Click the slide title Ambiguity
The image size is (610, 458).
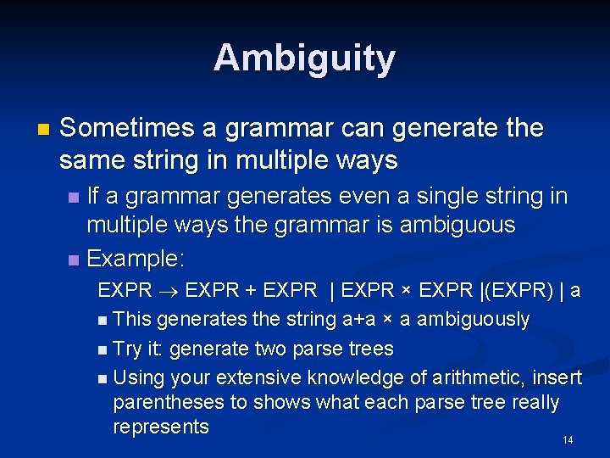tap(304, 59)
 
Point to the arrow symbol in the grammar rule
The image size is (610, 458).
tap(168, 290)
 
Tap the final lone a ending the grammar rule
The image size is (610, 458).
tap(575, 290)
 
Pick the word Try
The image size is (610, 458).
tap(127, 349)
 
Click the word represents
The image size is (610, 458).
tap(160, 427)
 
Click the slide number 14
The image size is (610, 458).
tap(568, 439)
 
